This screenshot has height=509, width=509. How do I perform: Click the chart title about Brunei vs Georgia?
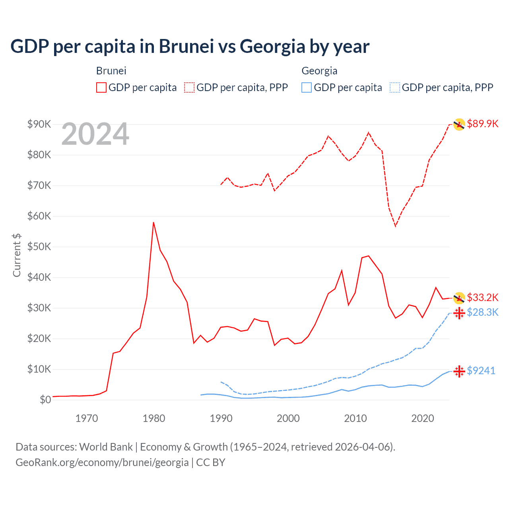tap(190, 47)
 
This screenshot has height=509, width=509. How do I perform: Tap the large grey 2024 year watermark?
tap(95, 134)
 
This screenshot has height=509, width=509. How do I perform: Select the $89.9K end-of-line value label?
tap(482, 124)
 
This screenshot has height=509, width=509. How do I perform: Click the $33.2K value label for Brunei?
tap(482, 297)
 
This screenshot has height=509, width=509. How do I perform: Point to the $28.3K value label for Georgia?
tap(482, 312)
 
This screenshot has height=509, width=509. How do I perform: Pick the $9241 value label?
tap(481, 371)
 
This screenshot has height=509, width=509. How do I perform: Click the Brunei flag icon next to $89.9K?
tap(459, 124)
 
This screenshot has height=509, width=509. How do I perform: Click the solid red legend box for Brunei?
tap(101, 87)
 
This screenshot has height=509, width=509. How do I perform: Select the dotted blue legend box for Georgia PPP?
tap(395, 87)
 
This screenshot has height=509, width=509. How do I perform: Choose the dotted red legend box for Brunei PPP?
tap(189, 87)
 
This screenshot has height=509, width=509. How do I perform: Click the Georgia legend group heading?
tap(319, 71)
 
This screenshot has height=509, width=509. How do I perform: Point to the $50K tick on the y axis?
tap(39, 247)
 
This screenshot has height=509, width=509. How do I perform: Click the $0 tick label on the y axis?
tap(45, 400)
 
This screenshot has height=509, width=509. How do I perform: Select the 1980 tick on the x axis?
tap(154, 418)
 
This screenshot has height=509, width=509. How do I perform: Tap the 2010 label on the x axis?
tap(355, 418)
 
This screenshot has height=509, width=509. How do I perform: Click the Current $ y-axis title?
tap(17, 255)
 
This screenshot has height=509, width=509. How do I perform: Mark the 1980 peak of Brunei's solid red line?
tap(153, 222)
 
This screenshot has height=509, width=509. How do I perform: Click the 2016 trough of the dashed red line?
tap(396, 226)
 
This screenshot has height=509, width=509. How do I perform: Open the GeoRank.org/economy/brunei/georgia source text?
tap(102, 462)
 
